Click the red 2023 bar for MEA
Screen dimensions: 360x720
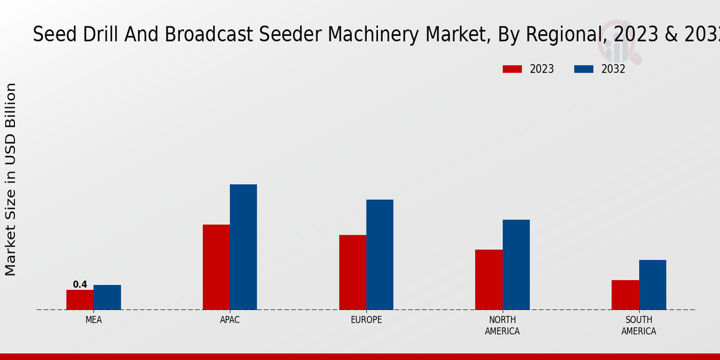[80, 299]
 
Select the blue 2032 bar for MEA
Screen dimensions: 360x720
[107, 297]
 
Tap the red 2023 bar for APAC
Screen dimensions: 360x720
[216, 267]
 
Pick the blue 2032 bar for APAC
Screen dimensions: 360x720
[244, 247]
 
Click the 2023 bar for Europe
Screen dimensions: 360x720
[352, 272]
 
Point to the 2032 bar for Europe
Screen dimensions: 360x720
[380, 254]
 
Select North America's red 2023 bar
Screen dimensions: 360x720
[488, 280]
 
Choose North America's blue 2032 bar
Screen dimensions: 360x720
[516, 265]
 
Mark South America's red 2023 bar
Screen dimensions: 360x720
[625, 295]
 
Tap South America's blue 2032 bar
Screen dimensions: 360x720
[652, 284]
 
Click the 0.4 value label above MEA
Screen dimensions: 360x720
[80, 284]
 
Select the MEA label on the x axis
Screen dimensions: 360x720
[94, 320]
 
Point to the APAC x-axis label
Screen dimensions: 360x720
[230, 320]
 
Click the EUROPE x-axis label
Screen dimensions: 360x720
[366, 320]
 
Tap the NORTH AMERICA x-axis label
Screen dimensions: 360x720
[502, 325]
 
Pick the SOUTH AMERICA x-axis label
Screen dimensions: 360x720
[638, 325]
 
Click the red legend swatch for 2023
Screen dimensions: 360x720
[512, 69]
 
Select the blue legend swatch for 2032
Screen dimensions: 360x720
[583, 69]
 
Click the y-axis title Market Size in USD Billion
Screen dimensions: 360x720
[11, 179]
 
